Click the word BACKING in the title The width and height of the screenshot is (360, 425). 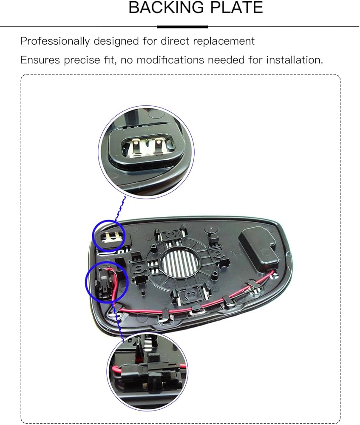tap(159, 8)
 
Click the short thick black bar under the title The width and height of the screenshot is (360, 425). tap(182, 27)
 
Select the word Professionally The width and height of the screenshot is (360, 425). tap(54, 42)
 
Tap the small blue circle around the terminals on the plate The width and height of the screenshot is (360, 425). tap(109, 235)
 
